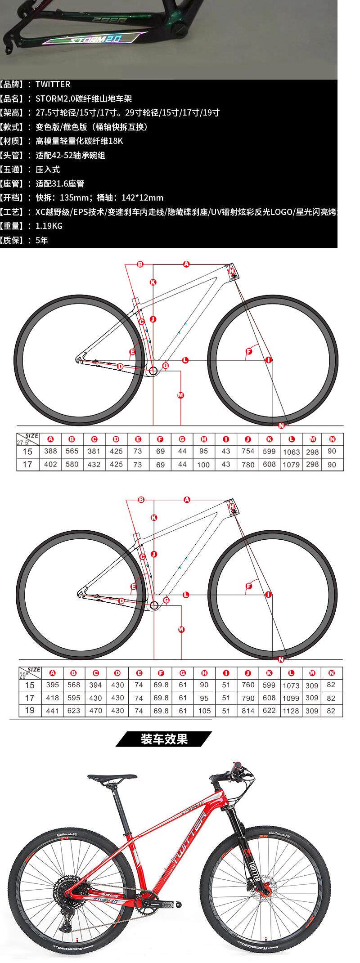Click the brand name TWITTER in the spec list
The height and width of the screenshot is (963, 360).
point(53,84)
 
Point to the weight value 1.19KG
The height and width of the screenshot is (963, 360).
point(49,226)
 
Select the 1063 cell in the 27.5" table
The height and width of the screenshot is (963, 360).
point(291,452)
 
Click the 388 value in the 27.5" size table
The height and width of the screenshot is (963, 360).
point(50,451)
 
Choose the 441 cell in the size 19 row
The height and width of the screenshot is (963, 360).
point(52,711)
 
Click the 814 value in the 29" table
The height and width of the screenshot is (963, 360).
point(248,711)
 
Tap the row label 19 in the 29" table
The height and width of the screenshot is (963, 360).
point(29,711)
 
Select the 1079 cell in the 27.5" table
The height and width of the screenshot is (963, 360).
point(291,465)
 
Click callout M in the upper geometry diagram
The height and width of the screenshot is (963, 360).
point(180,395)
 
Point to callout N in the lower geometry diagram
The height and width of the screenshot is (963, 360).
point(281,659)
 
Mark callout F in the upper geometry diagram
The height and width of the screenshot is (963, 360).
point(248,351)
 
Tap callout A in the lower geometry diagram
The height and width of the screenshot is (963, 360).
point(187,499)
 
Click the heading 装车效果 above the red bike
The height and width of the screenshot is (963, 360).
point(164,739)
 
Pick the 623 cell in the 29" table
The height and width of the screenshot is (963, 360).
point(73,711)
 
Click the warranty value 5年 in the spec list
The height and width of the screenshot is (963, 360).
point(41,240)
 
